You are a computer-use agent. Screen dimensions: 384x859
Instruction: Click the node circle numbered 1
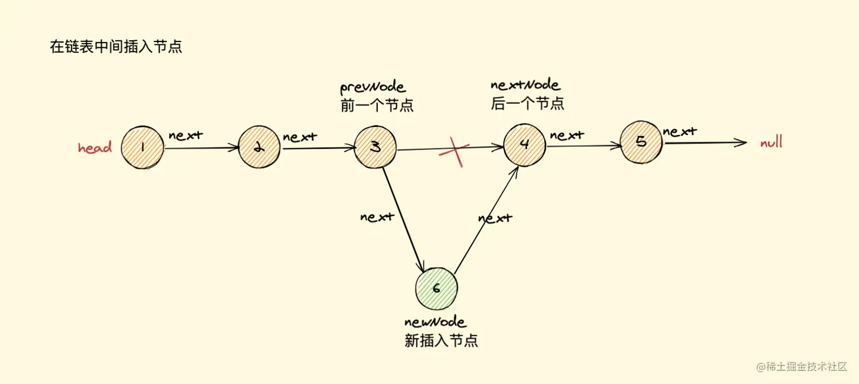[142, 147]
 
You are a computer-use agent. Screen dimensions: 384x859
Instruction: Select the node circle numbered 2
[259, 147]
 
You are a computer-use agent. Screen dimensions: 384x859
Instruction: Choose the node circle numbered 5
[641, 142]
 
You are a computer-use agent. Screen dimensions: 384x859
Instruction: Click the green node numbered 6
[436, 288]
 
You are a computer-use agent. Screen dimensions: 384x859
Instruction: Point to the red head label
[95, 148]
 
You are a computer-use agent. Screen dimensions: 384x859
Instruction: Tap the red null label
[771, 142]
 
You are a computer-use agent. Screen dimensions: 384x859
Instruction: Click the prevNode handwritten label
[373, 87]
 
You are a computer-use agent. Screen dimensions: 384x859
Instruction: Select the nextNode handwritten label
[525, 85]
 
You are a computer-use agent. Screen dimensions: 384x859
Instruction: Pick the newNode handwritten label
[435, 322]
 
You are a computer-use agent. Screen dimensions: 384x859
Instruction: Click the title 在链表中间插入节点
[116, 47]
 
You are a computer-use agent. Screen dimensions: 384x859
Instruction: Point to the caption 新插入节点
[441, 340]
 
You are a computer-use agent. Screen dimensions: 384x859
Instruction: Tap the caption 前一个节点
[377, 106]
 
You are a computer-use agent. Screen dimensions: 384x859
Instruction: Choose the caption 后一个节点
[527, 104]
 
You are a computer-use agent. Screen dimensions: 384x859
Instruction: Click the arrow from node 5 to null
[704, 143]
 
